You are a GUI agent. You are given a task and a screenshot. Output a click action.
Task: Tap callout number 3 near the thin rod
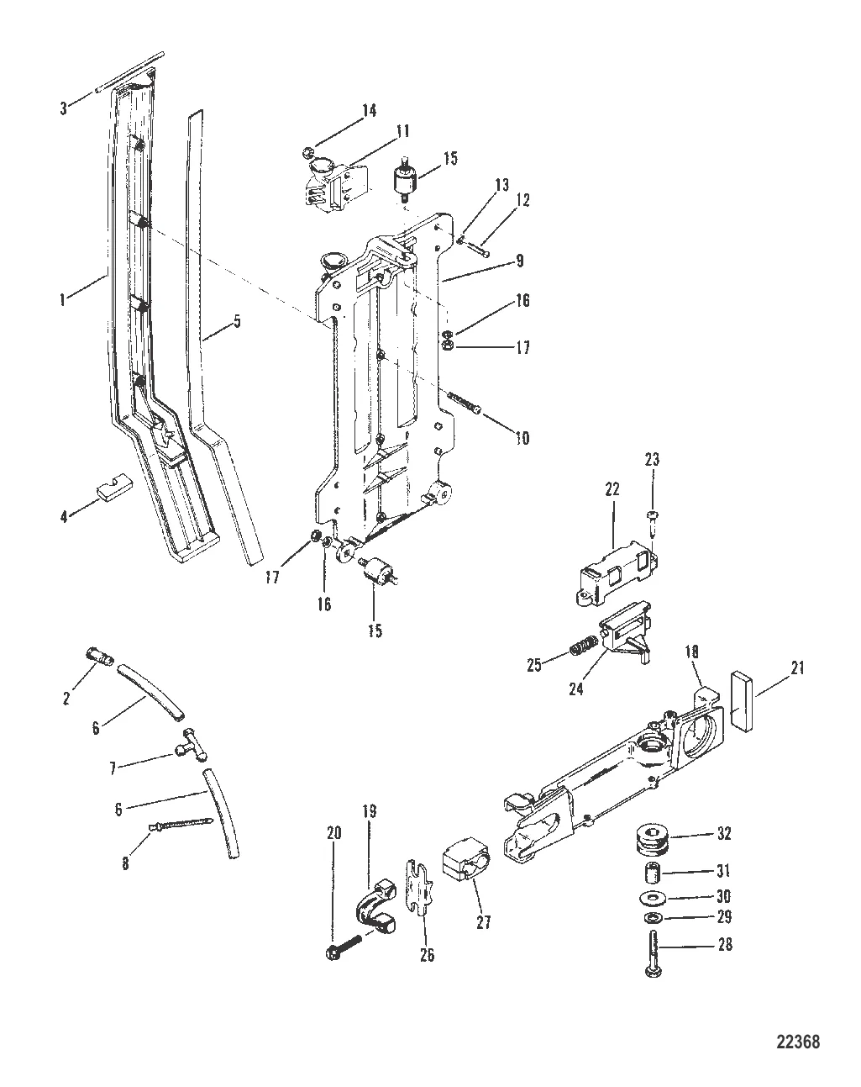tap(63, 108)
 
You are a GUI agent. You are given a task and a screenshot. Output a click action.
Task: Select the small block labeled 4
tap(114, 490)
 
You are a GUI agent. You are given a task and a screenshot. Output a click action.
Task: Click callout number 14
tap(370, 110)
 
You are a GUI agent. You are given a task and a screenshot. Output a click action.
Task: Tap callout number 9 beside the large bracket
tap(519, 261)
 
